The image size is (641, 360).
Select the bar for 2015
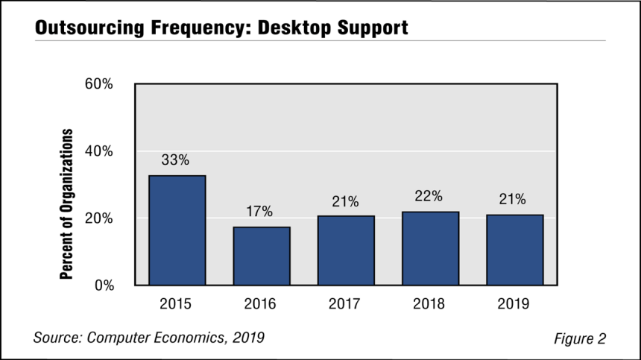177,230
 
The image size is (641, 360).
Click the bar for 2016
262,256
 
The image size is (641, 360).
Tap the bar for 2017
347,250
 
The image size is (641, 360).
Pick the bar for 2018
431,248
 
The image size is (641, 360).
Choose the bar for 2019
515,250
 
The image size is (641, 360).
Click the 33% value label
175,160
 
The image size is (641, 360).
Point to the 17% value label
259,211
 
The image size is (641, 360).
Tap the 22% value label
429,196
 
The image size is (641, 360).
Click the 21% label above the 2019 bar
512,199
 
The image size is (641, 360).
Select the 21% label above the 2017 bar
345,201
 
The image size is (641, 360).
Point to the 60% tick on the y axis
98,83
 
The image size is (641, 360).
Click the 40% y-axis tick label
98,151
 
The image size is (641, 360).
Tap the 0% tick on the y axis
104,285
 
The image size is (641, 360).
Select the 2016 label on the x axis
260,303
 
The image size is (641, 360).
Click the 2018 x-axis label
429,303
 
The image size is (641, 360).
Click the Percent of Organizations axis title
66,204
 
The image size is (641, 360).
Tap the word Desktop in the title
294,28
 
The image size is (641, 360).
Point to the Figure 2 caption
580,338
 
